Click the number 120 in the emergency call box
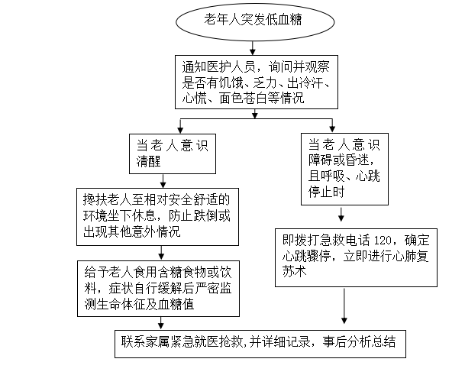click(x=383, y=241)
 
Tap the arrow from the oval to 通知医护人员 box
click(x=253, y=48)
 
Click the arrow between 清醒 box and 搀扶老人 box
click(x=163, y=181)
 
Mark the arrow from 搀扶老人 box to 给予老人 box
click(x=161, y=253)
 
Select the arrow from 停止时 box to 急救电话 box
click(x=341, y=215)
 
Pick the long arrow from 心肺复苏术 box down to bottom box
click(x=344, y=306)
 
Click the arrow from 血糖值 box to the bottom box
click(x=161, y=323)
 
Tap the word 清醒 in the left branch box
click(x=148, y=161)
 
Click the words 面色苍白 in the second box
click(x=244, y=99)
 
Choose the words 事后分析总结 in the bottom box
click(x=359, y=341)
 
